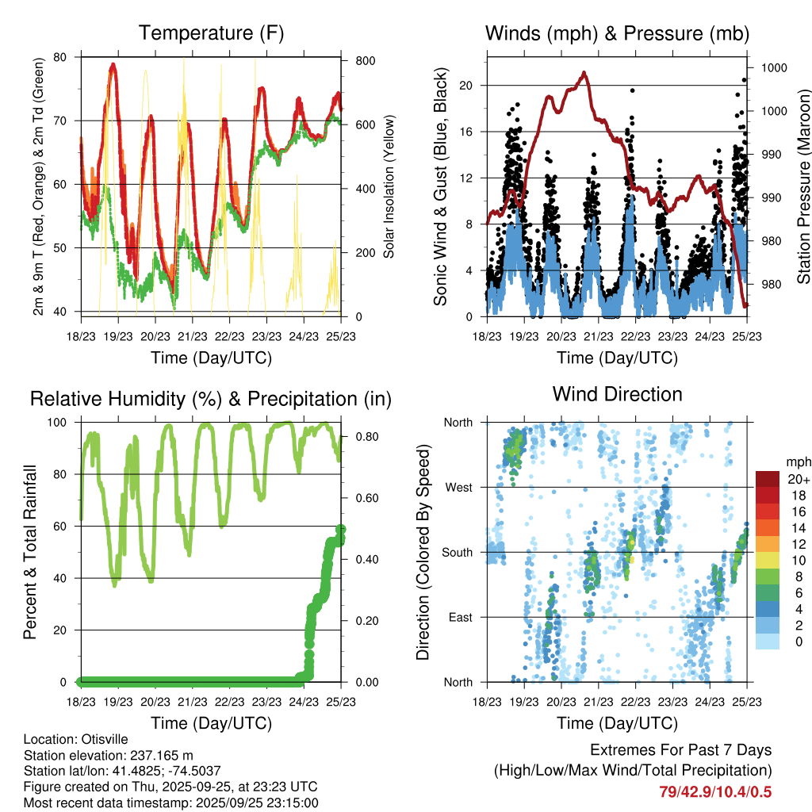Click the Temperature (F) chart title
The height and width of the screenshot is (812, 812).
[210, 33]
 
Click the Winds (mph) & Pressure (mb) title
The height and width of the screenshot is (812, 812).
[617, 33]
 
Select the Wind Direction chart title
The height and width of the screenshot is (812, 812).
[617, 394]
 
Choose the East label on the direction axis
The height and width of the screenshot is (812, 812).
[460, 617]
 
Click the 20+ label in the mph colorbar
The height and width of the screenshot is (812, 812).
[799, 479]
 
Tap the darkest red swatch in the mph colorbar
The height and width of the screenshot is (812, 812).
[768, 479]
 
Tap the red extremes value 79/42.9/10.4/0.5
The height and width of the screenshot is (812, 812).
[714, 792]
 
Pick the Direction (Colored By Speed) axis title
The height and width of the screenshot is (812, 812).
[423, 551]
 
